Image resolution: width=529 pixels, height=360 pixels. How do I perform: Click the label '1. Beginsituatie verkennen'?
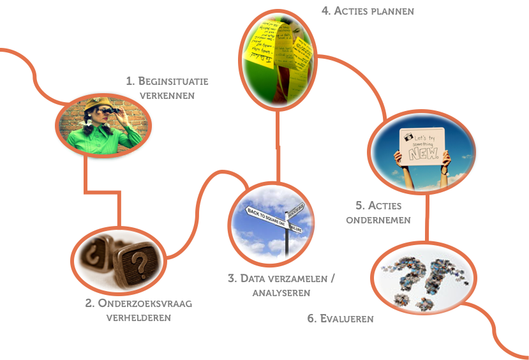tap(167, 88)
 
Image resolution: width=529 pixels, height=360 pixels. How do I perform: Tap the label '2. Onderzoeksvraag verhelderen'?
tap(138, 310)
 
